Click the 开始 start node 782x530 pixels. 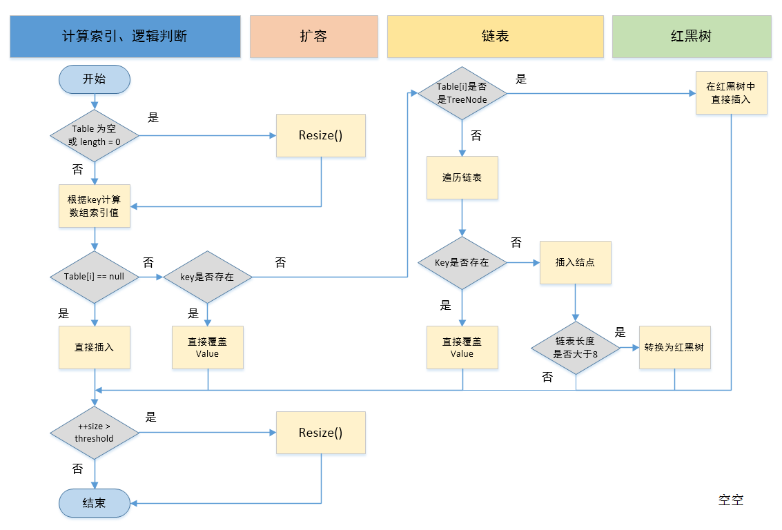(95, 79)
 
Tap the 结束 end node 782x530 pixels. (95, 503)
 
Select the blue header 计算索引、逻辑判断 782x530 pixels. (125, 36)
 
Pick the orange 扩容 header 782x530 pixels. (314, 36)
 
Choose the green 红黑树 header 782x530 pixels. (692, 36)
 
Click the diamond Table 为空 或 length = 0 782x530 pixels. (95, 136)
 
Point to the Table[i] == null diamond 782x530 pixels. (95, 277)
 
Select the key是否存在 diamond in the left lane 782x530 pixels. (207, 277)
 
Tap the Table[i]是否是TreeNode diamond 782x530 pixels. (462, 93)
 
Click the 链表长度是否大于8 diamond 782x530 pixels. (576, 348)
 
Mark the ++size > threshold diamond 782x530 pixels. (95, 433)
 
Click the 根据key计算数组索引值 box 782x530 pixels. (95, 206)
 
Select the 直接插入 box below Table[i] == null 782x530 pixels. (95, 347)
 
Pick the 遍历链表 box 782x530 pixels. (462, 177)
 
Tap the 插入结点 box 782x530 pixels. (576, 262)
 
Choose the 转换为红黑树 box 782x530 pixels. (674, 347)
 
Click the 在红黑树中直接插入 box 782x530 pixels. (732, 93)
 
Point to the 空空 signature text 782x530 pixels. (731, 500)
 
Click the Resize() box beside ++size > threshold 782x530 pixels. (321, 433)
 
